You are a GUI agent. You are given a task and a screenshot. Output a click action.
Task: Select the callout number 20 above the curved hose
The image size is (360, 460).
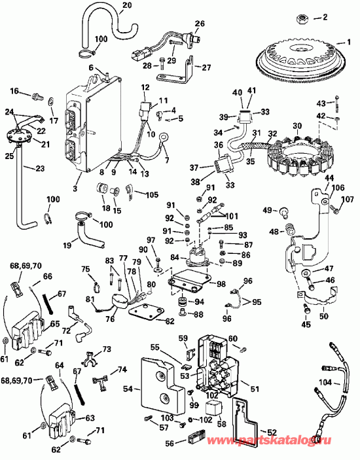click(x=127, y=5)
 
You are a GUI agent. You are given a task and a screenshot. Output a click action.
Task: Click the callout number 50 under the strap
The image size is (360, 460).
click(x=325, y=317)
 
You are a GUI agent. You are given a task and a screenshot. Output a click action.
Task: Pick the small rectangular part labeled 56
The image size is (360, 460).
click(x=194, y=439)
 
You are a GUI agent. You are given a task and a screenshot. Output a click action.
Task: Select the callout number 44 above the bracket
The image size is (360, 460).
click(x=328, y=179)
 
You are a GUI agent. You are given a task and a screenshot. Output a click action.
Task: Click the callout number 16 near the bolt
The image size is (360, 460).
click(x=14, y=92)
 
